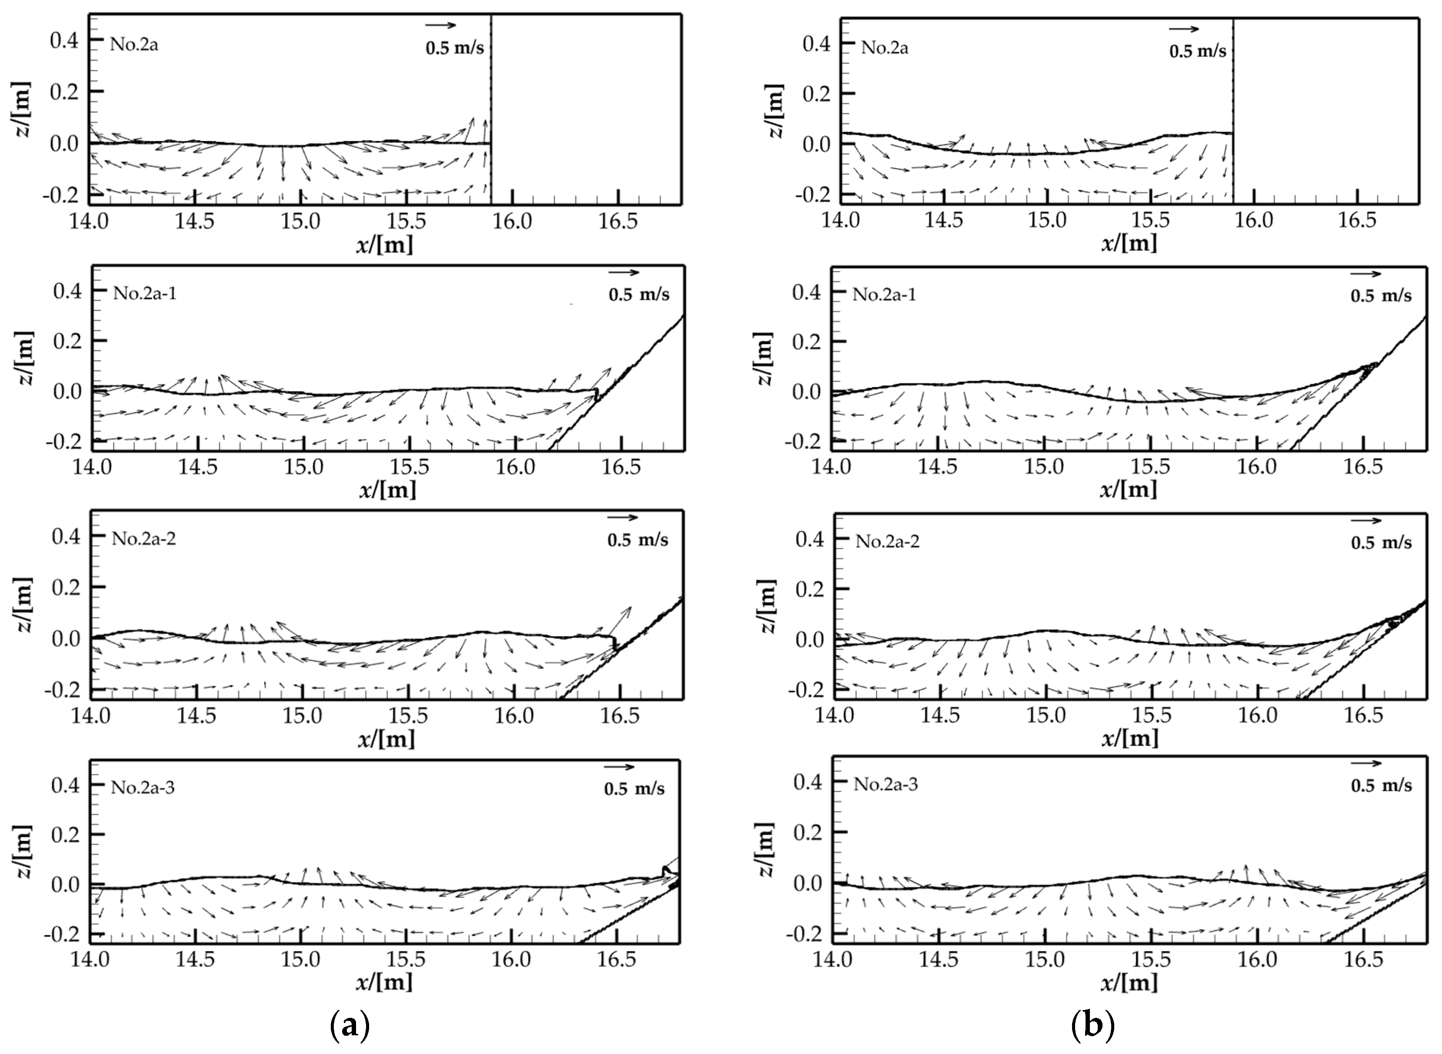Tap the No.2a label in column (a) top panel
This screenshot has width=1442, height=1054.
coord(134,45)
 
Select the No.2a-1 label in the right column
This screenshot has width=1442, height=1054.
coord(884,295)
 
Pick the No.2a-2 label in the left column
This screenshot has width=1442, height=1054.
coord(144,539)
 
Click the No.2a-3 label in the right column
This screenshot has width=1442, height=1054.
coord(886,784)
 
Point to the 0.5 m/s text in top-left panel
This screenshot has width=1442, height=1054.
coord(455,48)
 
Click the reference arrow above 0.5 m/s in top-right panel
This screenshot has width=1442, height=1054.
coord(1183,29)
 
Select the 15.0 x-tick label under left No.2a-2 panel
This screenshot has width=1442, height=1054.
coord(303,715)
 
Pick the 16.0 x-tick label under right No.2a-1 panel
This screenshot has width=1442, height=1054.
coord(1257,467)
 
